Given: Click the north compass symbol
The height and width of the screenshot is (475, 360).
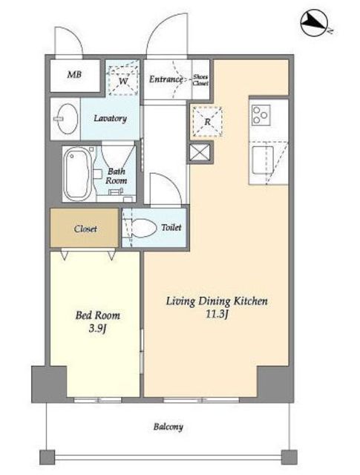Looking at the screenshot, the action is [x=314, y=22].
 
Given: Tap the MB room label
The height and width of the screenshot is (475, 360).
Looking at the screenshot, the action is [x=74, y=74].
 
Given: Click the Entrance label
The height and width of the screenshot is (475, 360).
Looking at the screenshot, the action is [x=166, y=79].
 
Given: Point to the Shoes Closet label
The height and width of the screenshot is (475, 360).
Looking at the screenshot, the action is [x=200, y=80].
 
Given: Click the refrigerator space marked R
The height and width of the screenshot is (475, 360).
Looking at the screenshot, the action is [x=208, y=121].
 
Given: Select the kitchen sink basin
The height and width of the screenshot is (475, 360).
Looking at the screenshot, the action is [x=263, y=160].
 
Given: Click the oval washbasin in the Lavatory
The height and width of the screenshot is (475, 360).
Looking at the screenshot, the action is [x=68, y=119].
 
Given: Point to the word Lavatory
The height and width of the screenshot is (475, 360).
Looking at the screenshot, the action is [x=110, y=118].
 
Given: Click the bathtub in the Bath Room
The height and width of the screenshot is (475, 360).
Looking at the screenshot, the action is [x=78, y=174].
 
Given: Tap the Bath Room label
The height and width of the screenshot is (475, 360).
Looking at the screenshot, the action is [x=117, y=176].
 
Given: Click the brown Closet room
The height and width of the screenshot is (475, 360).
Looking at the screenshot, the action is [x=84, y=228].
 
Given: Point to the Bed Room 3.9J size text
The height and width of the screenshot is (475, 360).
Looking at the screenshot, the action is [x=97, y=329].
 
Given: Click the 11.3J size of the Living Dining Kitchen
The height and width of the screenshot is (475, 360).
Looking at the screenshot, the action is [x=217, y=315].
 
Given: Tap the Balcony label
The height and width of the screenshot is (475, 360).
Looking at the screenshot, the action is [x=168, y=427].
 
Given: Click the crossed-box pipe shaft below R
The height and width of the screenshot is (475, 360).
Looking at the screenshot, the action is [x=200, y=152].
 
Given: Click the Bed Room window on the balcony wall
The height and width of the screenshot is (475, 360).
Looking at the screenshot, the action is [x=97, y=400].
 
